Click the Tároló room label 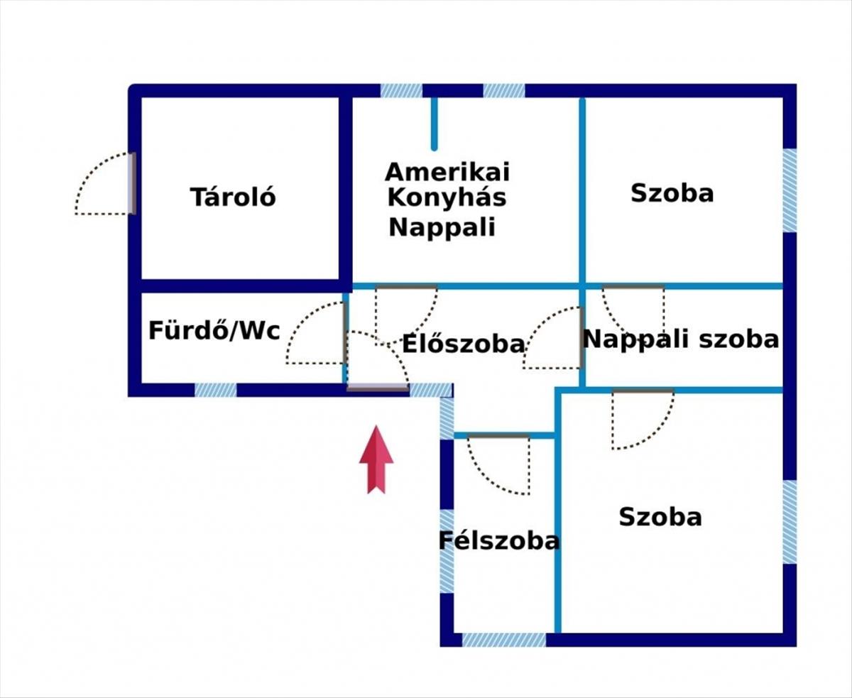click(233, 197)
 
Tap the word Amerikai click(447, 172)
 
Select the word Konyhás click(447, 197)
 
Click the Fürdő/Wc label click(214, 330)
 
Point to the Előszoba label click(464, 344)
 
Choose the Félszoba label click(499, 541)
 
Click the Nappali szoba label click(680, 339)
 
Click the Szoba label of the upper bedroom click(672, 193)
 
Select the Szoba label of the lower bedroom click(660, 517)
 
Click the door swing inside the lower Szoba click(642, 419)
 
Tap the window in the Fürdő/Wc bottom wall click(216, 390)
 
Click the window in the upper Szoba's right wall click(789, 190)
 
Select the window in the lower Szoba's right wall click(789, 522)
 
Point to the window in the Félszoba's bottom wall click(504, 640)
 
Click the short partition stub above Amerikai click(434, 122)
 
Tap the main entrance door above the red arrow click(378, 388)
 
